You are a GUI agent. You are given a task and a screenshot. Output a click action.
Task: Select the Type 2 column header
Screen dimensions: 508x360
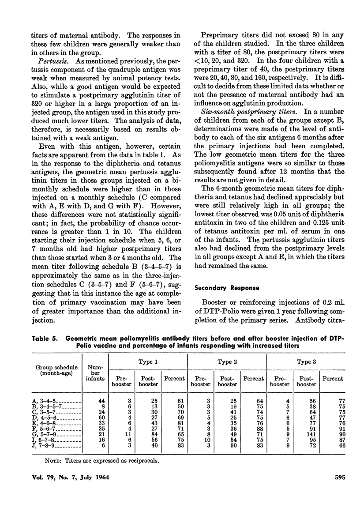pos(228,361)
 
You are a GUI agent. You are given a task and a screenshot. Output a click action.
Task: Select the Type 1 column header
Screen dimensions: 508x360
pos(148,361)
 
